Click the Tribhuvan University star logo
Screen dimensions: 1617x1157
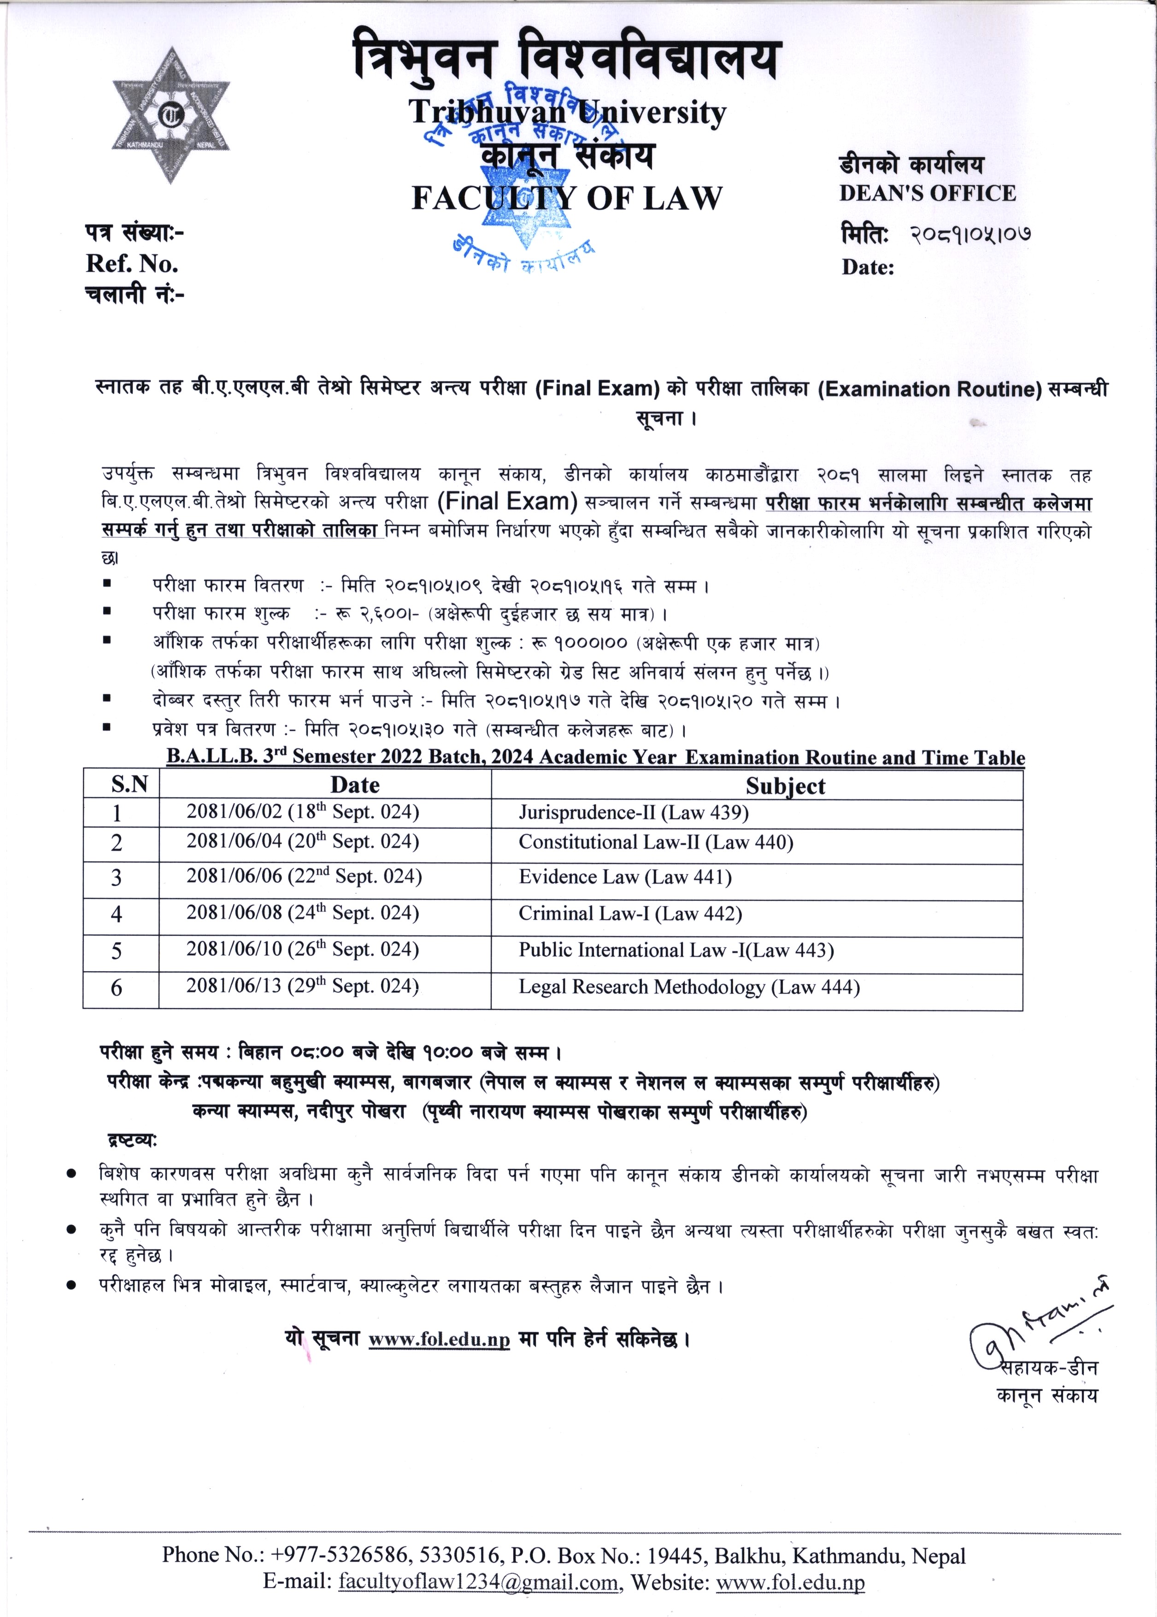click(x=170, y=115)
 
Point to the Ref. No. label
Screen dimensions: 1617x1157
click(x=132, y=264)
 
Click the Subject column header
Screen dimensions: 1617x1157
click(x=785, y=786)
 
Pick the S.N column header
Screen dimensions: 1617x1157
click(x=129, y=785)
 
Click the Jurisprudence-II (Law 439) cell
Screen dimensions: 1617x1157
click(x=634, y=813)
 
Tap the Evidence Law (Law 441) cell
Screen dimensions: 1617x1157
click(x=625, y=877)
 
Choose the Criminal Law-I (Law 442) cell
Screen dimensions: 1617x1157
click(x=630, y=914)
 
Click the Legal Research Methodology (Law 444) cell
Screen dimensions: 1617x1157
click(x=689, y=987)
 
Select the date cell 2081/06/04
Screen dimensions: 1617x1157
click(x=303, y=842)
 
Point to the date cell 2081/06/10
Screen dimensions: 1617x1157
click(x=303, y=950)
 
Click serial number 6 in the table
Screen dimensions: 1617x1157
click(x=117, y=988)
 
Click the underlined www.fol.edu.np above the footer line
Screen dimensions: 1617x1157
click(x=439, y=1340)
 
